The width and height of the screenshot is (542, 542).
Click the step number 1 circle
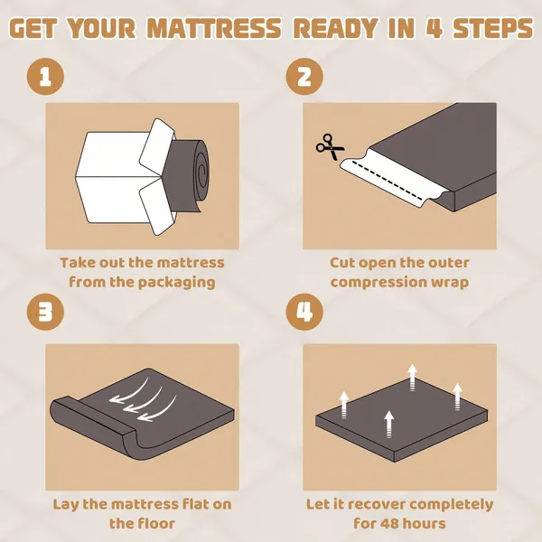(45, 77)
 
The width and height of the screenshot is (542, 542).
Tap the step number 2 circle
(304, 77)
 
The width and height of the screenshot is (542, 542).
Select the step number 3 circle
(45, 313)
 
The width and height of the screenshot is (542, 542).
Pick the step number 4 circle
(304, 313)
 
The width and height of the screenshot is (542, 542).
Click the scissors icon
(330, 147)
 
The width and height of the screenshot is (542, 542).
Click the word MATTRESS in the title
(214, 28)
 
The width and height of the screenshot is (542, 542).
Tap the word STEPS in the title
(492, 28)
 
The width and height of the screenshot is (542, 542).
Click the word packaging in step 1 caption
(177, 283)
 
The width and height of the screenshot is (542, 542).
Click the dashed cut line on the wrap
(387, 180)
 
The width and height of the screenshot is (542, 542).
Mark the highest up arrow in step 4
(412, 377)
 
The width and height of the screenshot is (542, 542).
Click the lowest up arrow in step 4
(389, 425)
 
